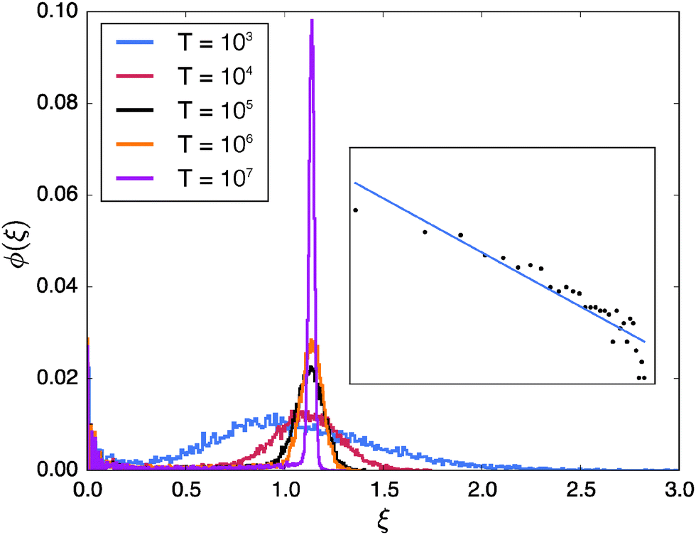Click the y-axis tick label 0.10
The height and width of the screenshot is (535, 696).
[58, 12]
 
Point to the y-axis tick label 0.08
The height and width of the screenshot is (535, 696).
[58, 104]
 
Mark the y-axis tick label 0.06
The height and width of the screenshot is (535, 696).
[58, 195]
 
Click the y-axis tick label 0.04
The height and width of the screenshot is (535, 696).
[58, 287]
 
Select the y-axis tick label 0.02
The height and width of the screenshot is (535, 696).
[58, 379]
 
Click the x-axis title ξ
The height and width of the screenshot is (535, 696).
[384, 521]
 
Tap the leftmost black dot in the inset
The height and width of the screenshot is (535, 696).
[355, 210]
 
